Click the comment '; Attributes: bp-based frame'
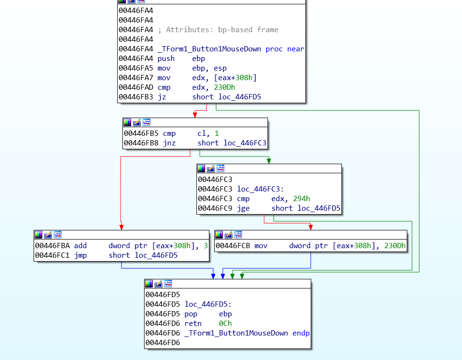(x=222, y=30)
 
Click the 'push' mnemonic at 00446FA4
(x=166, y=59)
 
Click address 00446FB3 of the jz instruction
(x=135, y=97)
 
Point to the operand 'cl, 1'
(x=208, y=133)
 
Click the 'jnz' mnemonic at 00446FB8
(x=170, y=143)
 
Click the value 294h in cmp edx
(x=302, y=199)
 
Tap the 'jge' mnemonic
(x=243, y=208)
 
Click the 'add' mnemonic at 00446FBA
(x=80, y=246)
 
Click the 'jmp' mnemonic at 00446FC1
(x=80, y=255)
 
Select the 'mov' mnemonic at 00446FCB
(x=261, y=246)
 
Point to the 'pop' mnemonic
(x=191, y=314)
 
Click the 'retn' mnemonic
(x=193, y=324)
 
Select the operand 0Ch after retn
(x=225, y=324)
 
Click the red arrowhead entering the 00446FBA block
(x=122, y=227)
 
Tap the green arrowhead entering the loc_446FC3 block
(x=268, y=161)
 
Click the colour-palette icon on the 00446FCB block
(x=219, y=235)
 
